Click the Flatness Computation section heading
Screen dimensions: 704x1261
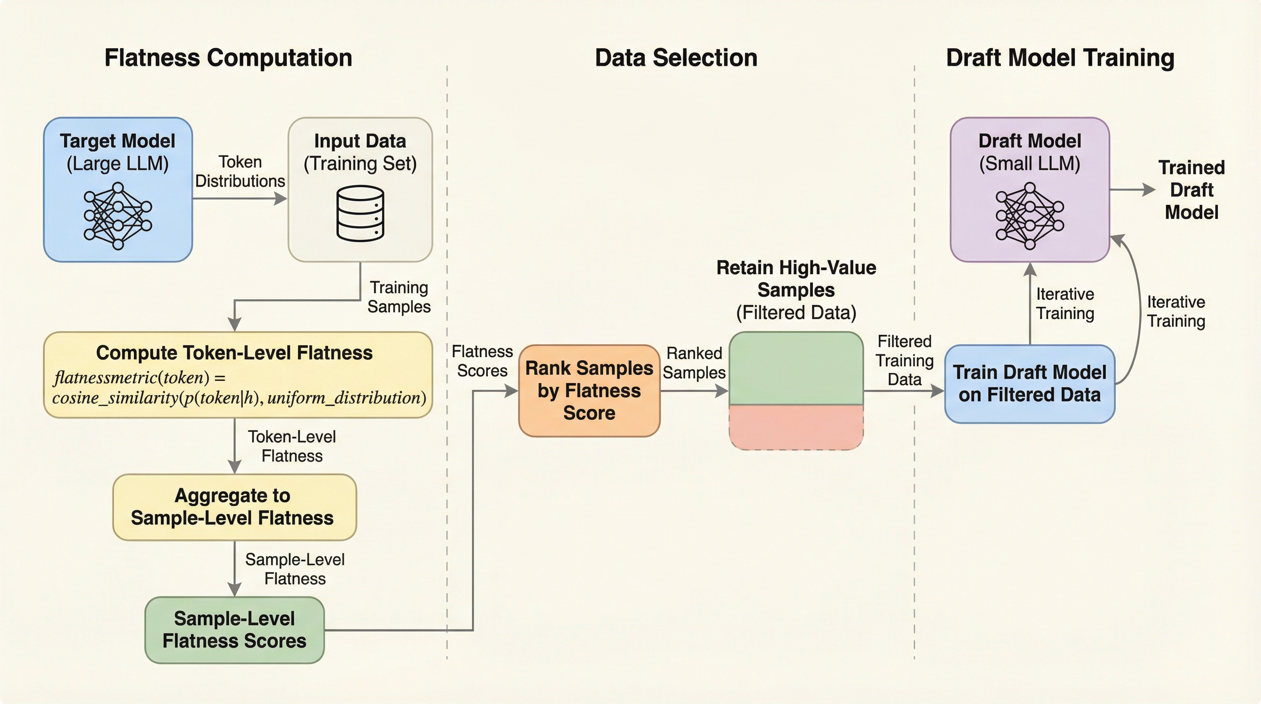pyautogui.click(x=228, y=58)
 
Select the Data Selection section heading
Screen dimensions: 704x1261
pyautogui.click(x=676, y=58)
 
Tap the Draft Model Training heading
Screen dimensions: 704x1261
pyautogui.click(x=1060, y=58)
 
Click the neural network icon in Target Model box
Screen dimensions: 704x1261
pyautogui.click(x=118, y=216)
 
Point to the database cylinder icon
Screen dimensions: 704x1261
pyautogui.click(x=360, y=214)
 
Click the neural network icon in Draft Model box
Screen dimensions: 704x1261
pyautogui.click(x=1030, y=216)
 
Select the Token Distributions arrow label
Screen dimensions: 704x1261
pyautogui.click(x=240, y=171)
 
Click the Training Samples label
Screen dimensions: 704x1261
pyautogui.click(x=399, y=297)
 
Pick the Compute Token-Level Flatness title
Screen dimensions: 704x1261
pyautogui.click(x=234, y=352)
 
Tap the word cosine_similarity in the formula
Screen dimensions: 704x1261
pyautogui.click(x=115, y=397)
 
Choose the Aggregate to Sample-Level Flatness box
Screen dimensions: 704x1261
pyautogui.click(x=235, y=507)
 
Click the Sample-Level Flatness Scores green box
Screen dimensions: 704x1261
pyautogui.click(x=235, y=630)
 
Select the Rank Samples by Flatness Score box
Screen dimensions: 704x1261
pyautogui.click(x=589, y=390)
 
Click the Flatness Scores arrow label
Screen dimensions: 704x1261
pyautogui.click(x=482, y=361)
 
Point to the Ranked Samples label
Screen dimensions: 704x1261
pyautogui.click(x=694, y=363)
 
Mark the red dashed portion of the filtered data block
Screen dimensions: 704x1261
pyautogui.click(x=796, y=427)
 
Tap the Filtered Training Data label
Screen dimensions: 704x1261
pyautogui.click(x=904, y=360)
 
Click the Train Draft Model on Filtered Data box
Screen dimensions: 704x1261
pyautogui.click(x=1030, y=384)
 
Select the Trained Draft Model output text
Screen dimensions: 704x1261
pyautogui.click(x=1191, y=190)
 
